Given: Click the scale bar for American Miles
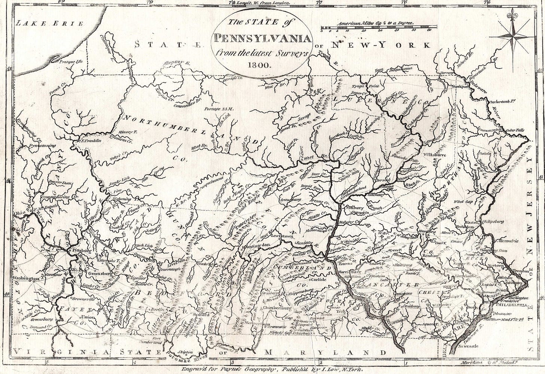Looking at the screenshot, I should coord(379,28).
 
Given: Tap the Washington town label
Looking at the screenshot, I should coord(26,278).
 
